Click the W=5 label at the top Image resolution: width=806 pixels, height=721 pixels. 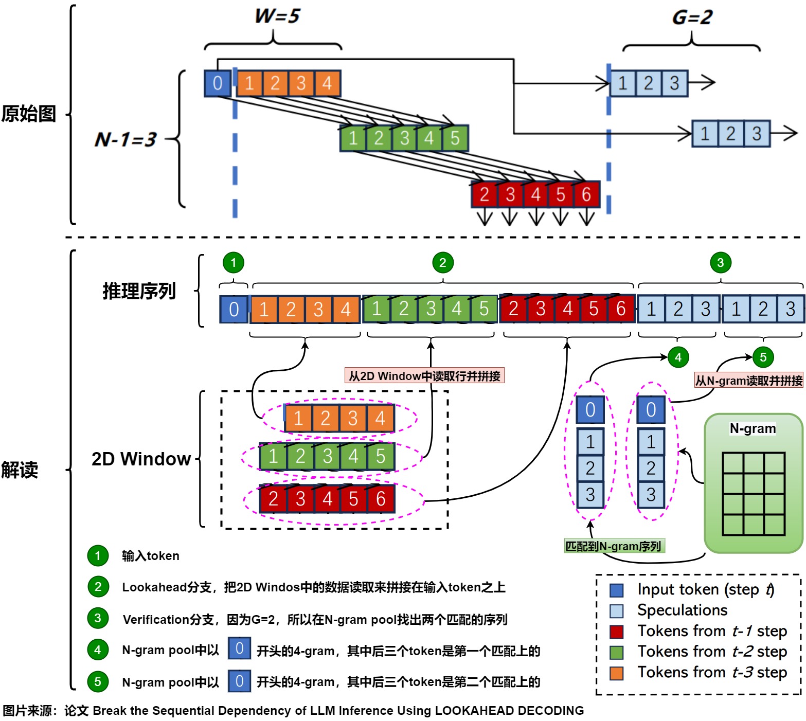coord(277,16)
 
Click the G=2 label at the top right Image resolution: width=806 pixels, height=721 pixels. coord(692,17)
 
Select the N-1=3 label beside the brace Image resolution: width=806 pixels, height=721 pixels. coord(125,139)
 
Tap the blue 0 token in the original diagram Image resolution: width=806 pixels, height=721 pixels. coord(217,83)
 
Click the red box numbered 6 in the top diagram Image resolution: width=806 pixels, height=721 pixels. coord(586,194)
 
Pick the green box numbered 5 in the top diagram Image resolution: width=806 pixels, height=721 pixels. coord(455,138)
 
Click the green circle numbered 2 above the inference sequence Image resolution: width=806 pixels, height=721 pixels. coord(442,263)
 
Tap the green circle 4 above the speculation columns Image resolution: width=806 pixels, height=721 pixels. coord(678,357)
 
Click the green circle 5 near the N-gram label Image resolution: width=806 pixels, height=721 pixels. coord(763,357)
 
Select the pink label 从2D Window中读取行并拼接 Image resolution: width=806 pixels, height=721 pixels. coord(424,376)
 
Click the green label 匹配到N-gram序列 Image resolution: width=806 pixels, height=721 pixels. coord(613,546)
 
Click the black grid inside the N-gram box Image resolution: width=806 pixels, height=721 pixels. coord(753,494)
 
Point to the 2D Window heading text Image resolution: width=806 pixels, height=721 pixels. coord(141,459)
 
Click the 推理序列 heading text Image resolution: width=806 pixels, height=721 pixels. coord(139,291)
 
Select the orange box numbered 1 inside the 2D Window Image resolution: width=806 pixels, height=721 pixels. coord(298,418)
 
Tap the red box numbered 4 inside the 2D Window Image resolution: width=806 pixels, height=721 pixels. coord(327,498)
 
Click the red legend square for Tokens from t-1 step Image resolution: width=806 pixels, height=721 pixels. coord(616,632)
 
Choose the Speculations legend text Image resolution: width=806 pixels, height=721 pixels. coord(682,610)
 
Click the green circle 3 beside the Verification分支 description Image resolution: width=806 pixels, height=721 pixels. coord(98,618)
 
